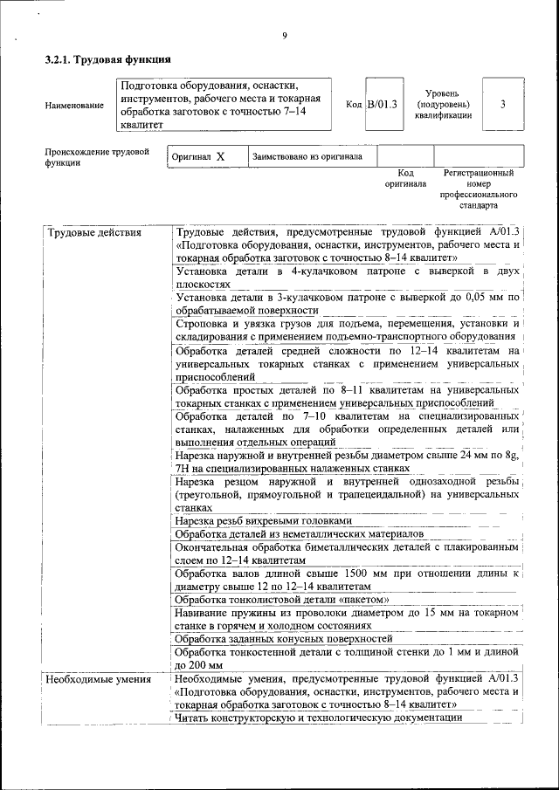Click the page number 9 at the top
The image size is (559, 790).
click(x=285, y=36)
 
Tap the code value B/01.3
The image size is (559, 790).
click(x=381, y=105)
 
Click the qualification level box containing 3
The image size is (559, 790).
click(x=503, y=105)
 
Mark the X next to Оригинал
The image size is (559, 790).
click(x=220, y=157)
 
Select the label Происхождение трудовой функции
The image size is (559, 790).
click(x=97, y=157)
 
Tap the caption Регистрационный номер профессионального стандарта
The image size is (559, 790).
click(x=479, y=189)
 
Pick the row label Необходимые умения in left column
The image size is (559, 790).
click(x=98, y=678)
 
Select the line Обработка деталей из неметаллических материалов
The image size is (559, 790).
click(x=299, y=533)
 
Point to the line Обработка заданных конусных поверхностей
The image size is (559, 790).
click(x=283, y=638)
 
